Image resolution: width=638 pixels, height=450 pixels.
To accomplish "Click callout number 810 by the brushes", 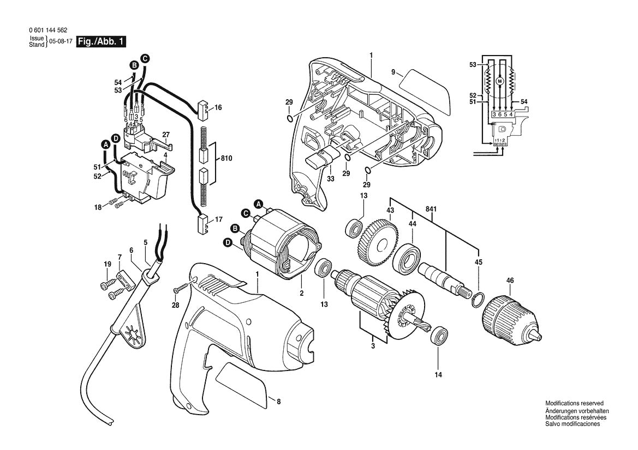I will [226, 159].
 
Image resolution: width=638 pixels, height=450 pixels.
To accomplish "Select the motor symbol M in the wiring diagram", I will [498, 81].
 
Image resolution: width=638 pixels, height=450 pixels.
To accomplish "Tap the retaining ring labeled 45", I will [476, 298].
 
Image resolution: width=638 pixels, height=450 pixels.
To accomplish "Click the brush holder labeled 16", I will [203, 108].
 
